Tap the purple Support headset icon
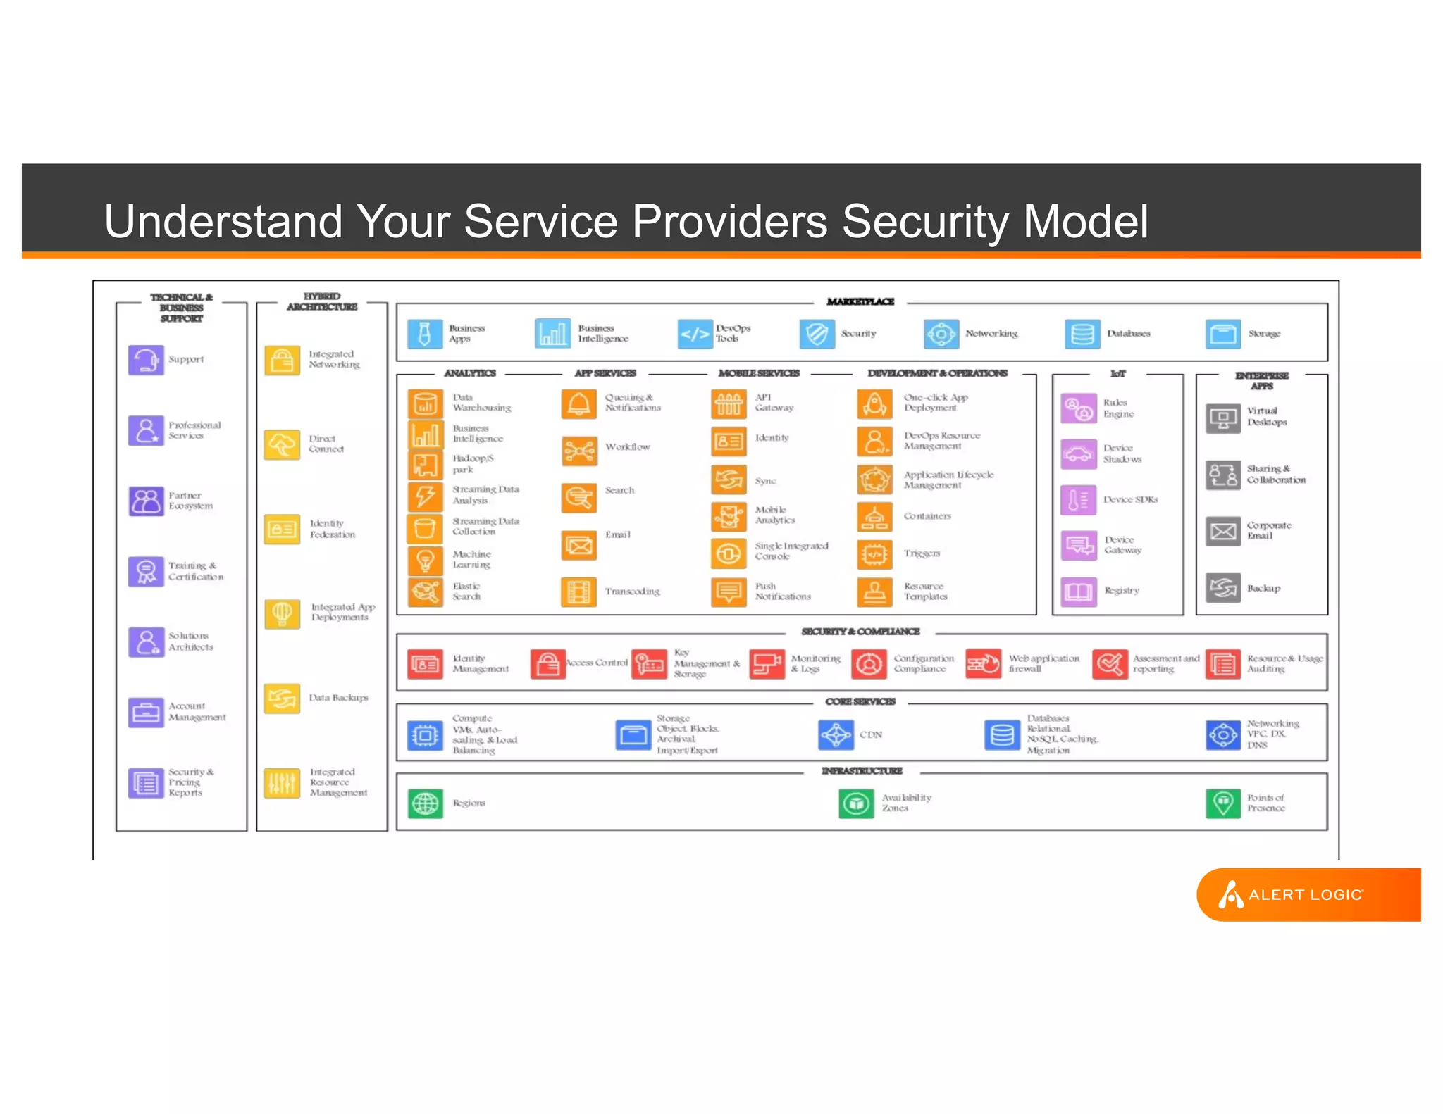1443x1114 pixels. [x=146, y=360]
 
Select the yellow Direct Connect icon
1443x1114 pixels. [x=282, y=444]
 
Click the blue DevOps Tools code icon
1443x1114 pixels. [x=695, y=334]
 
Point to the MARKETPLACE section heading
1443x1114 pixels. [x=860, y=301]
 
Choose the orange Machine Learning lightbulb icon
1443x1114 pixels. [x=425, y=560]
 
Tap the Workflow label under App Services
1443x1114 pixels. [x=627, y=447]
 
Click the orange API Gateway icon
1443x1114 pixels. [x=729, y=403]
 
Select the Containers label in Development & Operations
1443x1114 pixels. [x=927, y=516]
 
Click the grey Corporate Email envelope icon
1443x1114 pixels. [x=1222, y=531]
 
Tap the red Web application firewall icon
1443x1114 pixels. [x=983, y=663]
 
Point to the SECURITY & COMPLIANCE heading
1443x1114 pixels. [x=860, y=632]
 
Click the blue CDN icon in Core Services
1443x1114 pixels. [x=836, y=735]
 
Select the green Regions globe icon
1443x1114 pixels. [x=425, y=803]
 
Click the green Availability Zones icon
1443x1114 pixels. [x=856, y=803]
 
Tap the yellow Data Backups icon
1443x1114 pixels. [x=282, y=699]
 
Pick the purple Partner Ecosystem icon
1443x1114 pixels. [x=146, y=501]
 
